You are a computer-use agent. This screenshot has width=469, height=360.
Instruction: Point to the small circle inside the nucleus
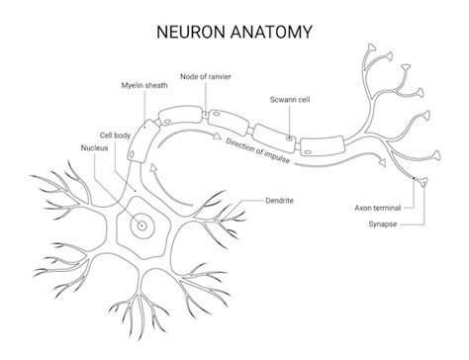(x=141, y=225)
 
